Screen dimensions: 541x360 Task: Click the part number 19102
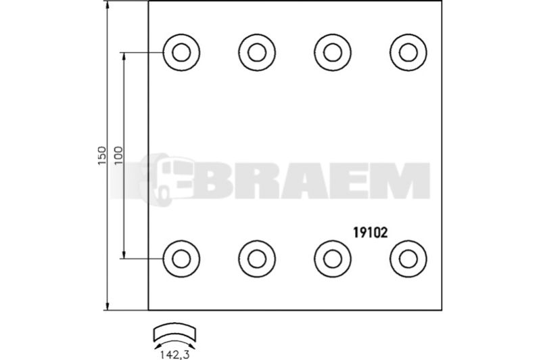(x=370, y=232)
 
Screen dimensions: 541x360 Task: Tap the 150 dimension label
(x=102, y=156)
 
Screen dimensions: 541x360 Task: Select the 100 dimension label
(x=118, y=156)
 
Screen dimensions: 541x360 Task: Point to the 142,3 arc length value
(x=174, y=355)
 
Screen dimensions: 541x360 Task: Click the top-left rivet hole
(x=181, y=53)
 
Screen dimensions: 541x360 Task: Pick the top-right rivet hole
(x=408, y=53)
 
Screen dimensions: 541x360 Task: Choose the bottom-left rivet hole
(x=181, y=259)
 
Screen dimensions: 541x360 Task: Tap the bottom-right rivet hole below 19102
(x=408, y=259)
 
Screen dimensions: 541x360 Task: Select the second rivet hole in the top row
(x=257, y=53)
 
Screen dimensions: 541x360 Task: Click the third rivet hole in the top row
(x=333, y=53)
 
